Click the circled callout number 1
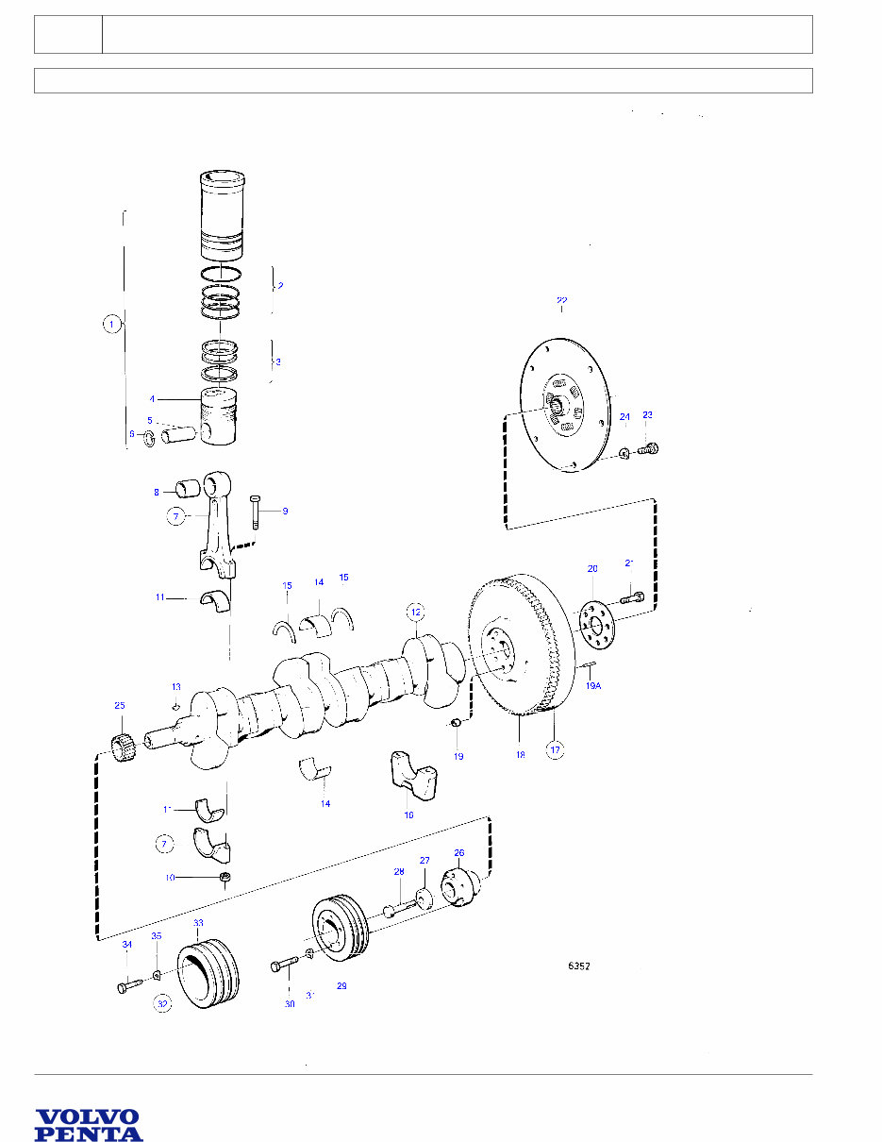coord(111,324)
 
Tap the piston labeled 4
coord(220,415)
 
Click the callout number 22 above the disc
coord(561,301)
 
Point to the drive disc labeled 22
coord(564,406)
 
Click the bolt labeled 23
coord(648,450)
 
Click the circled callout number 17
coord(556,750)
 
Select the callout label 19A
coord(592,686)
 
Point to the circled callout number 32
coord(163,1005)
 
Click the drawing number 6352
coord(578,966)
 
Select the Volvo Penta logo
coord(89,1125)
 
